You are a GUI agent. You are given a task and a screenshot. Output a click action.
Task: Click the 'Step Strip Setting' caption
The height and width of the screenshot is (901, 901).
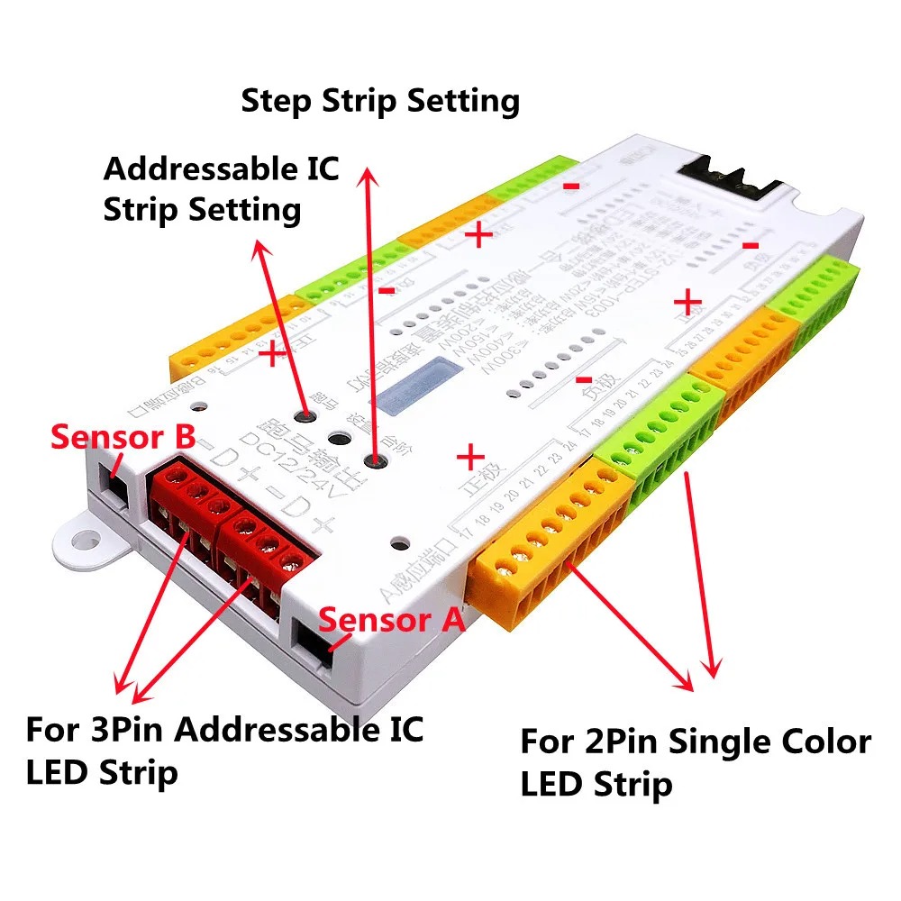tap(380, 100)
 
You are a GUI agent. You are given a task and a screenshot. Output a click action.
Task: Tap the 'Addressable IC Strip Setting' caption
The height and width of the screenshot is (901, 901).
tap(221, 188)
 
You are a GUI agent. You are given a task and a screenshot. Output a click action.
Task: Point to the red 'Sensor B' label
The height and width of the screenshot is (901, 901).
tap(122, 437)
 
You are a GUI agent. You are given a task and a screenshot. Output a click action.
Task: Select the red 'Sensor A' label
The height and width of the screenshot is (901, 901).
tap(392, 619)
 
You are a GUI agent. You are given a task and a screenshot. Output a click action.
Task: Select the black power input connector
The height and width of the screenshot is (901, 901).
tap(728, 177)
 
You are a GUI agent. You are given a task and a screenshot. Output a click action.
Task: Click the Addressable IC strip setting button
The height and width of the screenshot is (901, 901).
tap(308, 416)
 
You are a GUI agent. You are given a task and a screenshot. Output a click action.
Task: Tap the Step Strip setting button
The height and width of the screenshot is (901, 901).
tap(375, 461)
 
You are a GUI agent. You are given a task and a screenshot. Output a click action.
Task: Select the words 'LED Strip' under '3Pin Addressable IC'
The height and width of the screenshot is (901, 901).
tap(101, 772)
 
